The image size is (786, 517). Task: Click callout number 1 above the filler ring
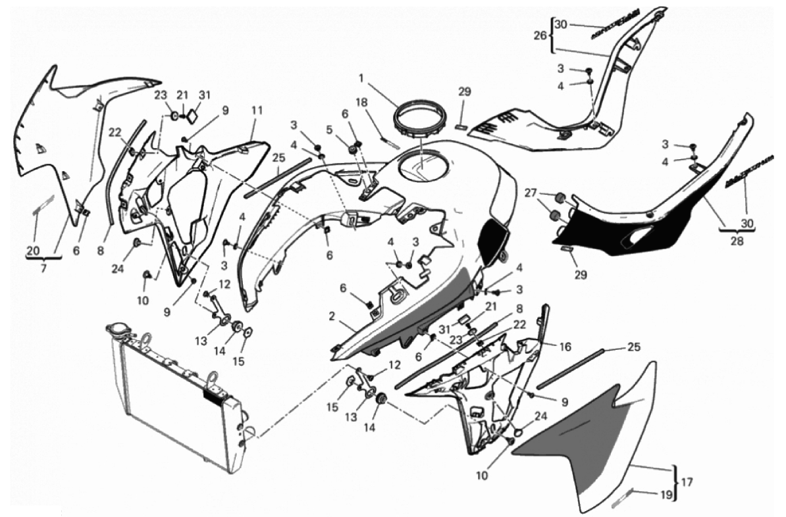coord(361,77)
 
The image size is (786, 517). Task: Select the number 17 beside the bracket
coord(687,481)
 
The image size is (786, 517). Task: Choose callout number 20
coord(33,250)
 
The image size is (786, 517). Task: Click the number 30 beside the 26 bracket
coord(560,24)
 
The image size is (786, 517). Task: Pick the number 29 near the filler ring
coord(465,92)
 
